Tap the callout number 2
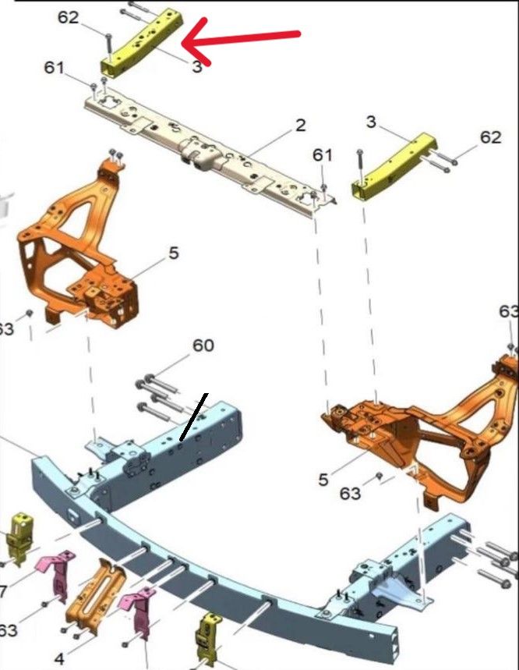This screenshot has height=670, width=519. (x=301, y=126)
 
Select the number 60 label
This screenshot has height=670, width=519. (x=203, y=346)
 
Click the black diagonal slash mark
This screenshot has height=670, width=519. (x=194, y=417)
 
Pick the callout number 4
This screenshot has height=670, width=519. (x=59, y=658)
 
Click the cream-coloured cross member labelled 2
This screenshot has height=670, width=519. (x=209, y=154)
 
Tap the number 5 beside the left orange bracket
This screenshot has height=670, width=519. (x=173, y=253)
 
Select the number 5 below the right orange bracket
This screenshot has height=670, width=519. (x=323, y=480)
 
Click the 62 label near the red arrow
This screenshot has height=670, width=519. (x=69, y=17)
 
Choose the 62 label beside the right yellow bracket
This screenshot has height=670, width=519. (x=491, y=137)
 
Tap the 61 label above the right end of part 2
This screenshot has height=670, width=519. (x=323, y=154)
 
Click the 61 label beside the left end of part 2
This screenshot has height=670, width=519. (x=54, y=68)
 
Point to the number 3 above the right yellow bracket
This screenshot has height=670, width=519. (x=371, y=122)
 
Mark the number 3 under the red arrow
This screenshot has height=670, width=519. (x=196, y=66)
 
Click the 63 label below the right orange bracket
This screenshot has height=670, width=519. (x=351, y=494)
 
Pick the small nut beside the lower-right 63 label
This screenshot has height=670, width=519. (x=379, y=476)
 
